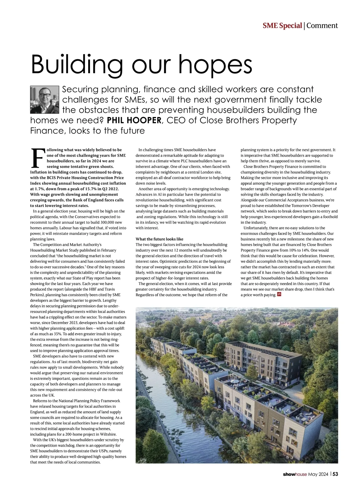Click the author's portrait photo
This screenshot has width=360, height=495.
45,100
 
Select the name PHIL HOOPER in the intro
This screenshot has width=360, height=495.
134,121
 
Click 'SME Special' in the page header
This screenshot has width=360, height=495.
282,26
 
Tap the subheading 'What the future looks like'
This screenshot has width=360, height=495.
159,239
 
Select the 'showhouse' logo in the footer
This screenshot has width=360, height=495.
295,474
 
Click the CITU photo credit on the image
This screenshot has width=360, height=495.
144,459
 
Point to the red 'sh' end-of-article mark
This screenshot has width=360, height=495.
279,294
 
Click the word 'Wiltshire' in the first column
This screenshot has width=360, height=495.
108,434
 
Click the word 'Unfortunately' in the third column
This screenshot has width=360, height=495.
256,228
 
